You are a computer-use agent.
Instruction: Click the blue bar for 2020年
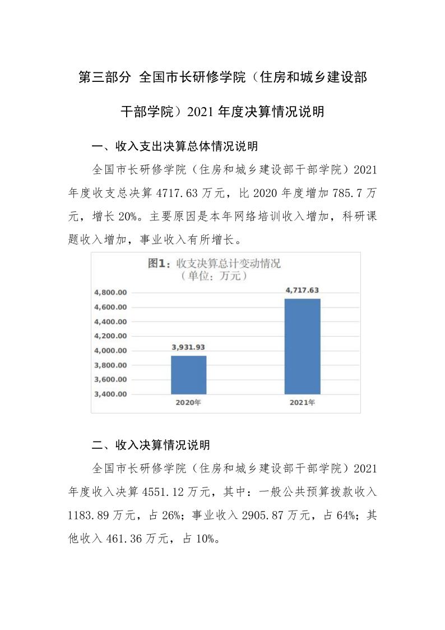pos(188,375)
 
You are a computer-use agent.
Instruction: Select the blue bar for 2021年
pos(303,346)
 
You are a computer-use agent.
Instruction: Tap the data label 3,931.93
pos(188,347)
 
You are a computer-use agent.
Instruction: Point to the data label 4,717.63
pos(303,290)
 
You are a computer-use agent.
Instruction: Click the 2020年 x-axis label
pos(188,403)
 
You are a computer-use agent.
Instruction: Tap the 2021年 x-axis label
pos(303,403)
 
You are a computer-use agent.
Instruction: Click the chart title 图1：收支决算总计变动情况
pos(214,263)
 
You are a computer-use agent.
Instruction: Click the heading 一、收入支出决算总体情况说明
pos(175,147)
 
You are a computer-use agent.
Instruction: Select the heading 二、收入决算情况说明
pos(151,445)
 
